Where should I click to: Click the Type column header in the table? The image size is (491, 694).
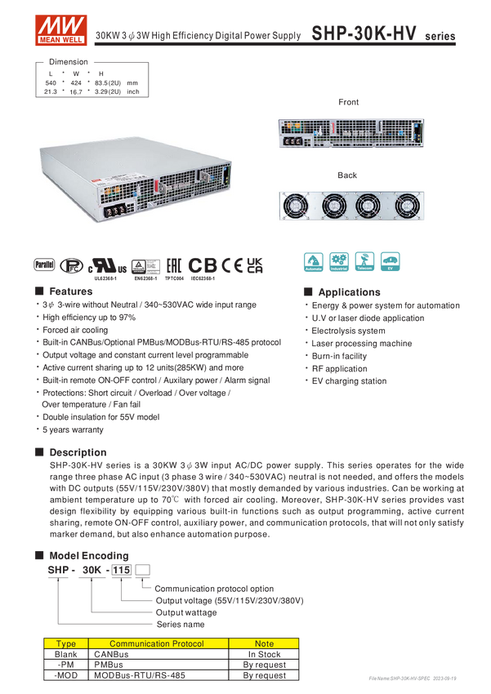click(x=65, y=643)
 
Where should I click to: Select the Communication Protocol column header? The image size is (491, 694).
click(x=158, y=643)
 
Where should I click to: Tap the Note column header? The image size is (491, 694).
click(x=264, y=643)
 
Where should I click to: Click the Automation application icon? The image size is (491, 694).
click(x=313, y=261)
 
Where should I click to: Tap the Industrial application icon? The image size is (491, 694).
click(x=339, y=261)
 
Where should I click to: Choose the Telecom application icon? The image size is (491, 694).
click(x=364, y=261)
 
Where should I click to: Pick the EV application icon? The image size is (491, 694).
click(x=391, y=261)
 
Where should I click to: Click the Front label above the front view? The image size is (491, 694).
click(x=349, y=101)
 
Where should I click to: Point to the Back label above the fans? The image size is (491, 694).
click(x=349, y=174)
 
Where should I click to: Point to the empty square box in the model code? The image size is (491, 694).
click(x=143, y=568)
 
